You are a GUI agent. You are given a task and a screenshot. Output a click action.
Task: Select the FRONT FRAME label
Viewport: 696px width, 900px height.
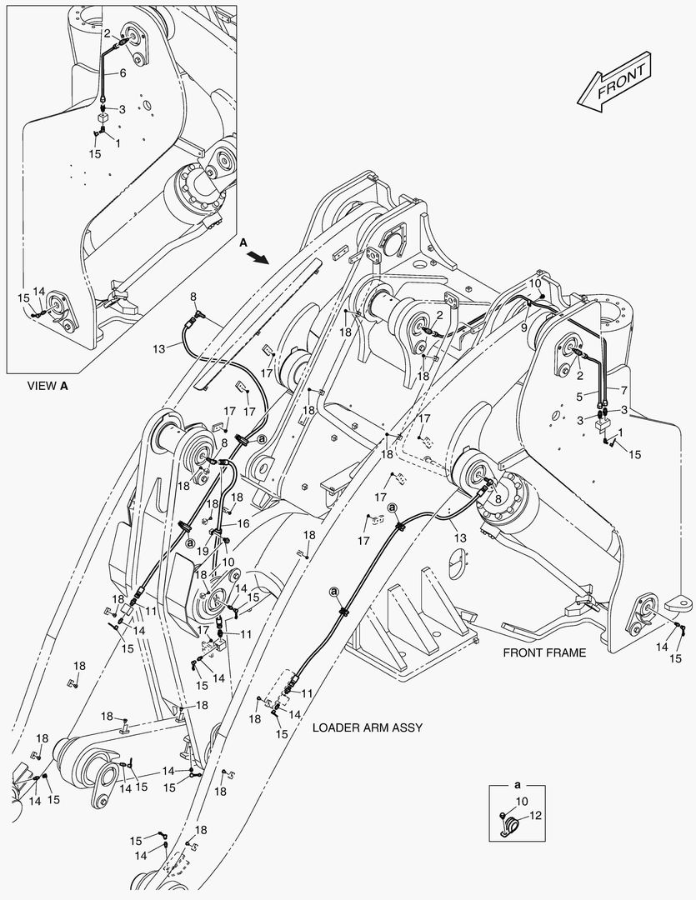pos(543,652)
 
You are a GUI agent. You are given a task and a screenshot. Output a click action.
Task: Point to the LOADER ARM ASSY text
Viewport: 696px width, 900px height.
pos(367,727)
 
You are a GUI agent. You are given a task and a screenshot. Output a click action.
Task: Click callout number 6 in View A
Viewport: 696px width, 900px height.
pos(123,73)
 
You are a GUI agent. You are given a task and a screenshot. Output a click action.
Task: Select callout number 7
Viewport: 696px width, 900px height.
pos(623,389)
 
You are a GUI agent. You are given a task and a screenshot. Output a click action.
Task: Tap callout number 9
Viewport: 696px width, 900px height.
pos(524,327)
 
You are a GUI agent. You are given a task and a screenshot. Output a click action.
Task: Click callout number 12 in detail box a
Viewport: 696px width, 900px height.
pos(535,816)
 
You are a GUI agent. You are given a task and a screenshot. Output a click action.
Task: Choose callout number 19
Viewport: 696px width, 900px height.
pos(203,551)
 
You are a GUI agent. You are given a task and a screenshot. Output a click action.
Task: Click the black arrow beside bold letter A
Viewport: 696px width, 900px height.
pos(261,257)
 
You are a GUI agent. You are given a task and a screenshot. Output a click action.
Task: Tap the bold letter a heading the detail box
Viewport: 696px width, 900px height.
pos(517,785)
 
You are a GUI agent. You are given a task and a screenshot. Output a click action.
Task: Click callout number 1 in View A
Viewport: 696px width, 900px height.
pos(118,142)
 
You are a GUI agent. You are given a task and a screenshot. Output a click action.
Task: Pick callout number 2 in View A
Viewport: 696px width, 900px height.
pos(108,33)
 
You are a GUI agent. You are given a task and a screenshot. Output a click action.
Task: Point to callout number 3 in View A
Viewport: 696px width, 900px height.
pos(122,109)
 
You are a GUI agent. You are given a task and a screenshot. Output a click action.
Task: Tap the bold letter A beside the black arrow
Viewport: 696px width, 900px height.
pos(243,242)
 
